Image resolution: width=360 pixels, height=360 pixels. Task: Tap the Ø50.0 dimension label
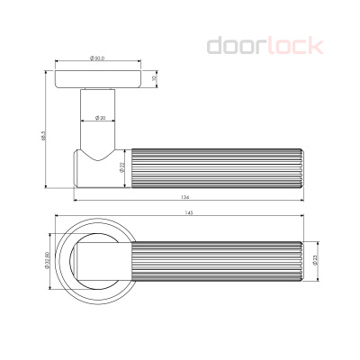[x=98, y=59]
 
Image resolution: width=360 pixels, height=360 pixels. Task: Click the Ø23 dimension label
[x=316, y=261]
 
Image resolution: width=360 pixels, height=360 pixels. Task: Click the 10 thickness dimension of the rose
[x=155, y=77]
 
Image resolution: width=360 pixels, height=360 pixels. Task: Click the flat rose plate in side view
[x=98, y=77]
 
